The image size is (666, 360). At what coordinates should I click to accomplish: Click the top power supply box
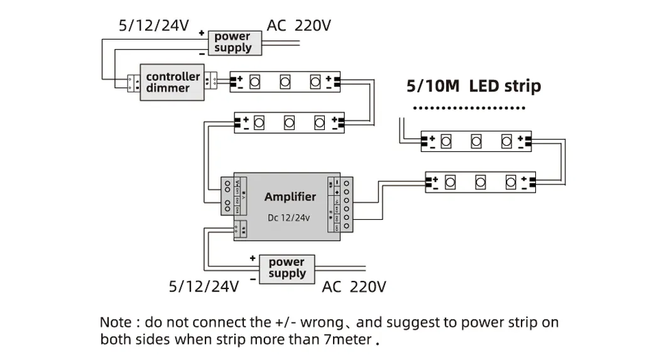point(232,43)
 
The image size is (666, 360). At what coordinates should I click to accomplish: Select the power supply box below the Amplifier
point(287,268)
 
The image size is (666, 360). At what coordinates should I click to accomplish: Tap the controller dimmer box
point(173,82)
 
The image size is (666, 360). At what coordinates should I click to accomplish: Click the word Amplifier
point(290,197)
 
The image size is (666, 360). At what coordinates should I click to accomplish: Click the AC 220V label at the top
point(299,26)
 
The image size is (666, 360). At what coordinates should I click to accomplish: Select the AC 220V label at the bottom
point(354,287)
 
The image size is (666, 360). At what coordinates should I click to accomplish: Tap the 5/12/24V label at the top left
point(154,26)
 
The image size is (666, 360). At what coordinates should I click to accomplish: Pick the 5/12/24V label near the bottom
point(204,287)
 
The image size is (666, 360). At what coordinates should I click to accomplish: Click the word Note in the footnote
point(116,323)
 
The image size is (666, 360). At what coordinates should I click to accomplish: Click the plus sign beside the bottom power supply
point(253,258)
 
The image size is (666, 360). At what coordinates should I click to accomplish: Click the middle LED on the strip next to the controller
point(285,81)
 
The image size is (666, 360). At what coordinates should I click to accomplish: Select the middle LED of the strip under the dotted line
point(476,141)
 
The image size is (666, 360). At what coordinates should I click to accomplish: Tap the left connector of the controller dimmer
point(133,83)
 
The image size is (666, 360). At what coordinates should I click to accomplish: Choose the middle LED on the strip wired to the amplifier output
point(480,182)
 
